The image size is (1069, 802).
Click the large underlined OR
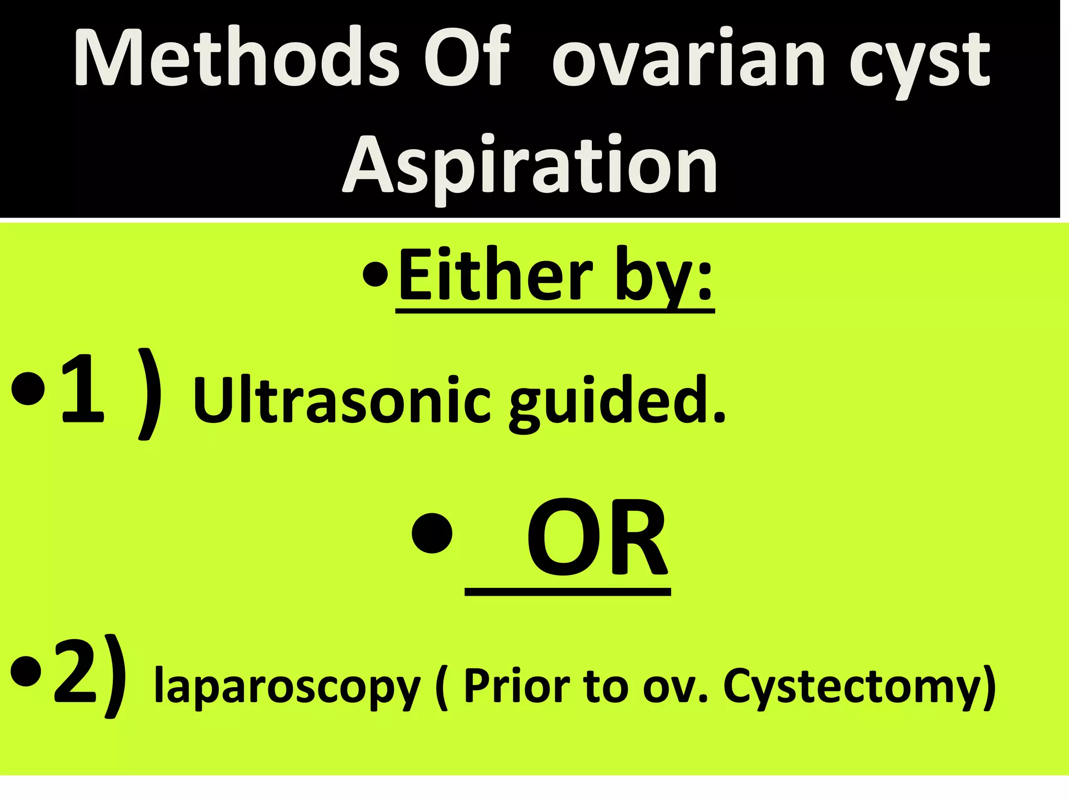click(597, 539)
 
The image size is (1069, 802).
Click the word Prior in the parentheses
click(517, 685)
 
